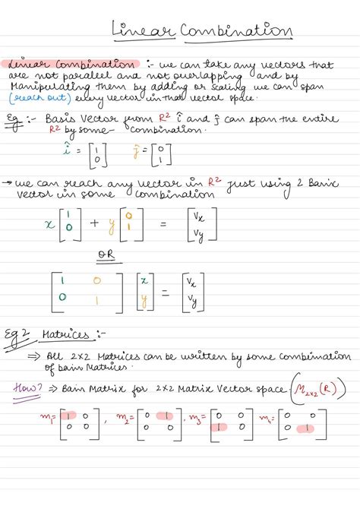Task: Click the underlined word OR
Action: pos(109,255)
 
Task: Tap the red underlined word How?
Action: pos(29,389)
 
